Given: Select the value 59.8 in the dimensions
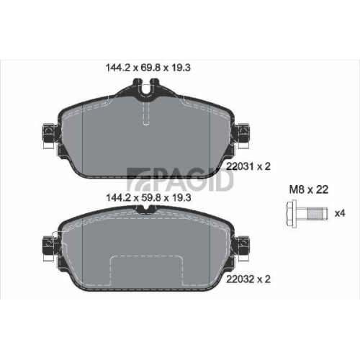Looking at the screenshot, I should (146, 194).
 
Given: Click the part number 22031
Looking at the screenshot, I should (240, 166).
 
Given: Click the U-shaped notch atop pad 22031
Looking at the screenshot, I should (146, 92).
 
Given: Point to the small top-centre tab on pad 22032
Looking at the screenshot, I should (146, 209).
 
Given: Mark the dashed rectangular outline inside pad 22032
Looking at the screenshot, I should (146, 269).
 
